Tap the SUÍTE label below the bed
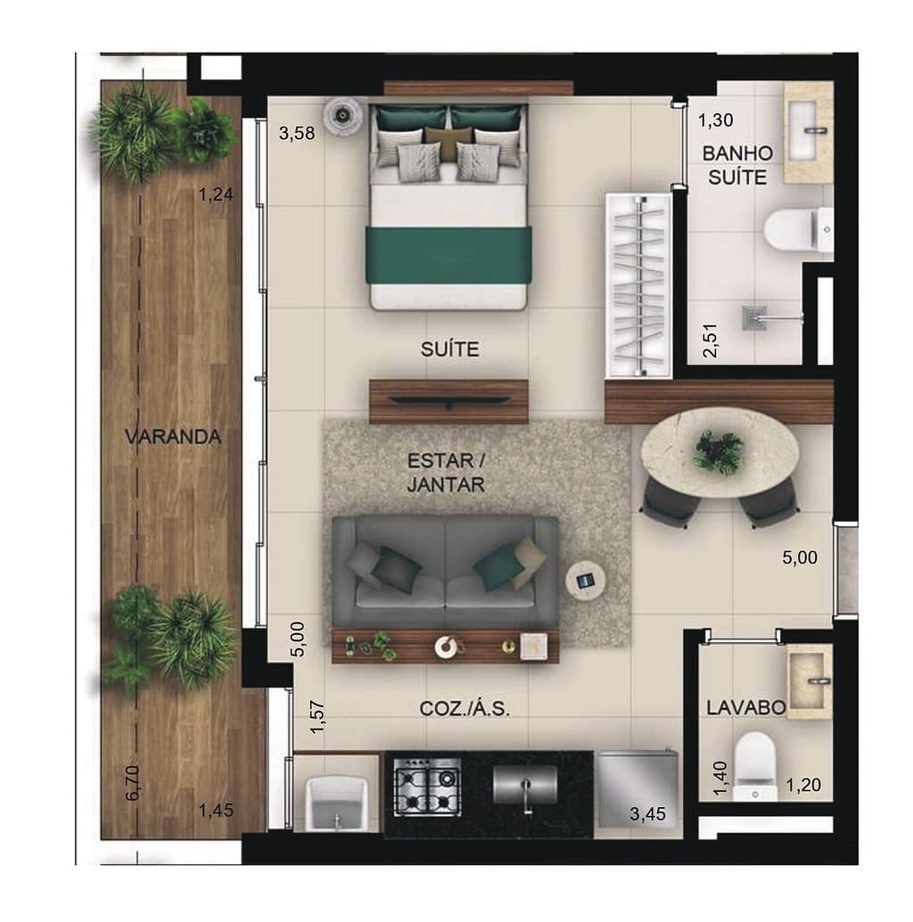(x=449, y=350)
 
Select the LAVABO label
(x=745, y=708)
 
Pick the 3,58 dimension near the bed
(x=297, y=135)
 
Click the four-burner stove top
(x=427, y=786)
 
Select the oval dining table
(x=719, y=456)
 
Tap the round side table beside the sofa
(x=586, y=581)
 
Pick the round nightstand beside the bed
(x=341, y=115)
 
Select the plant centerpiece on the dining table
(x=719, y=450)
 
